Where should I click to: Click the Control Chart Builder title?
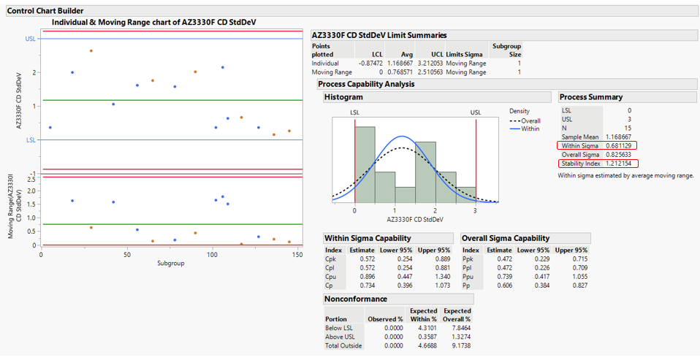click(x=45, y=11)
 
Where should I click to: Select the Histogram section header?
click(x=343, y=97)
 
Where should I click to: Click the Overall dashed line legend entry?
click(x=532, y=120)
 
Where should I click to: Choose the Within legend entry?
click(x=532, y=129)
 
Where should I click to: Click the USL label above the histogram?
click(x=476, y=112)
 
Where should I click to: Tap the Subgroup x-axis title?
click(x=170, y=264)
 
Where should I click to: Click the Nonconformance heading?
click(x=357, y=299)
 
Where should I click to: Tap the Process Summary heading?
click(x=591, y=97)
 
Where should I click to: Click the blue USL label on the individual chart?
click(x=30, y=39)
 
